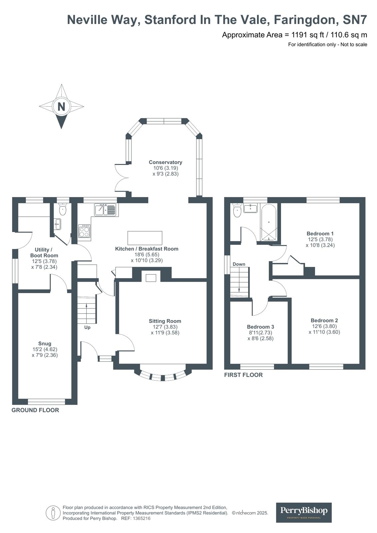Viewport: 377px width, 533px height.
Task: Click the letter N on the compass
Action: (x=61, y=107)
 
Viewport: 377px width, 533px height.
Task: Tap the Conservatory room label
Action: (x=165, y=162)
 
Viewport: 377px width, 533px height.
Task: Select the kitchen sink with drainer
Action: (x=105, y=210)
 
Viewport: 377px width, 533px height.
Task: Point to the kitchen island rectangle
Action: (x=145, y=238)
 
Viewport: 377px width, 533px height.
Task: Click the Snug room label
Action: (x=45, y=344)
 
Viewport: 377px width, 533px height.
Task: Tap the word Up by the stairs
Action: (x=87, y=327)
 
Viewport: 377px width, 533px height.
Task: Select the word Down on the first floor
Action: (x=239, y=264)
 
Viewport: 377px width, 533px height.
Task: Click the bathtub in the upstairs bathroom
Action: (x=269, y=223)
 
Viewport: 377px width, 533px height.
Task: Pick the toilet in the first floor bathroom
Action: (x=237, y=211)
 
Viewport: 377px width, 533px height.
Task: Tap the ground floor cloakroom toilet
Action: (x=62, y=210)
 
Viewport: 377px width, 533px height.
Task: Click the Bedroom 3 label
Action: (x=260, y=327)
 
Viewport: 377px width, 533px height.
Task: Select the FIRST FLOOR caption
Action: (x=243, y=375)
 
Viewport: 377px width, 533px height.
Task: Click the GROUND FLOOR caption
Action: (x=35, y=410)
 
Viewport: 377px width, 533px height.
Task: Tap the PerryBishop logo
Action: (x=304, y=512)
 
